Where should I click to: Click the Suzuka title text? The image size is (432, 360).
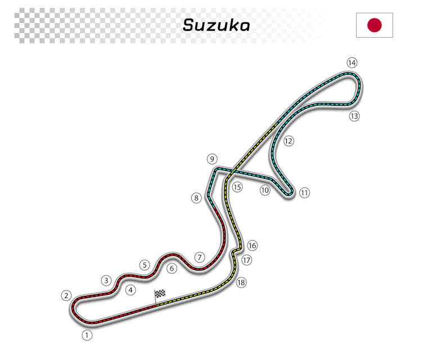pos(217,25)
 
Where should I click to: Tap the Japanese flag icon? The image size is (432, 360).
pos(375,25)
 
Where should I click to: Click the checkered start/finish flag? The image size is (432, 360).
pos(160,294)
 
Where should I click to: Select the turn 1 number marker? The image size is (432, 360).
pos(87,335)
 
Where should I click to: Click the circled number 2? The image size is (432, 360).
pos(66,295)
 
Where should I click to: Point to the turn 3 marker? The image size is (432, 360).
pos(106,280)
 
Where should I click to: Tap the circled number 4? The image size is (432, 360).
pos(130,290)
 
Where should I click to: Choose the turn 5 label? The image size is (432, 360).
pos(145,265)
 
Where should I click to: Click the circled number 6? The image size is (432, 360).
pos(172,268)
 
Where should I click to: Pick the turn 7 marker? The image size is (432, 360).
pos(199,257)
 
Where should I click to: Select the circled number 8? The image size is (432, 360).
pos(196,198)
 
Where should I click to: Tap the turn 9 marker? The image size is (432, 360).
pos(212,159)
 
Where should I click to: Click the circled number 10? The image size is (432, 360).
pos(265,190)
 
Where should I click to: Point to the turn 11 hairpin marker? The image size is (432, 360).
pos(304,193)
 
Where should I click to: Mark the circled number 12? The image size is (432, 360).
pos(289,141)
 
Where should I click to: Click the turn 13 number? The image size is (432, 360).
pos(354,116)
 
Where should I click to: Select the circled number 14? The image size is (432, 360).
pos(352,62)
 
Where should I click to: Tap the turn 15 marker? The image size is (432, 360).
pos(237,187)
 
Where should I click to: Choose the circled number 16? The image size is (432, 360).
pos(252,245)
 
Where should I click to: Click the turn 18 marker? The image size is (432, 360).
pos(241,283)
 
